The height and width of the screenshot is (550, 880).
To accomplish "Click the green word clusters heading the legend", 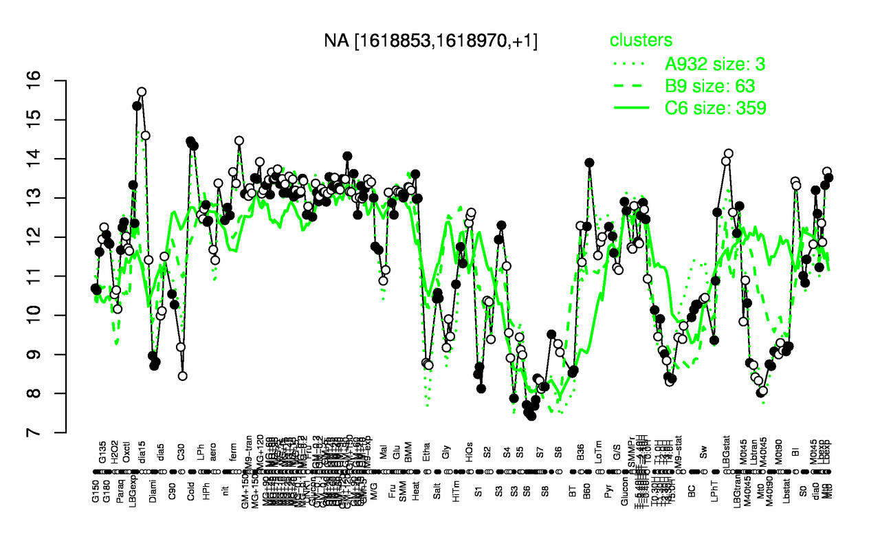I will coord(641,41).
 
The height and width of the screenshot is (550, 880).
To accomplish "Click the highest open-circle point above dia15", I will coord(142,91).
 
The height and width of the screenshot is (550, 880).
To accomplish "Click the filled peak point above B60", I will coord(589,163).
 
